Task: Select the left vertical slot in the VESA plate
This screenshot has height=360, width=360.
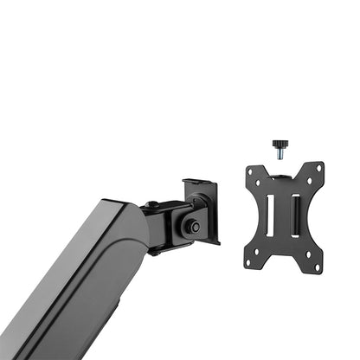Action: click(270, 215)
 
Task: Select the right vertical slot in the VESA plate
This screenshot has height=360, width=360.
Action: click(295, 215)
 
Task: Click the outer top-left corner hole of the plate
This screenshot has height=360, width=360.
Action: click(249, 171)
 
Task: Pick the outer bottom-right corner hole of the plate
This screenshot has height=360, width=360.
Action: click(318, 265)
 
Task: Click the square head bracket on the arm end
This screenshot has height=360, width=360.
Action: click(201, 208)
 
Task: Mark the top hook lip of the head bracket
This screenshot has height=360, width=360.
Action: click(198, 182)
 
